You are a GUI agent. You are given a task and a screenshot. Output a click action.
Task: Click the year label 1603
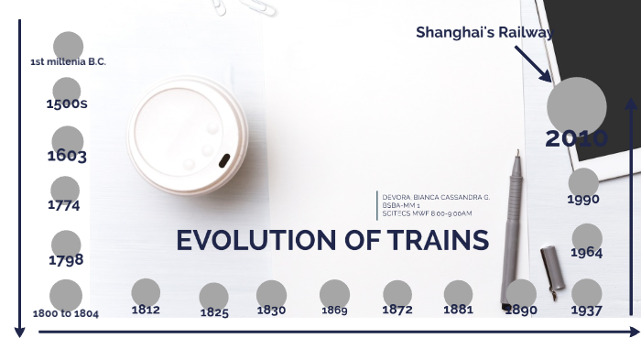click(67, 156)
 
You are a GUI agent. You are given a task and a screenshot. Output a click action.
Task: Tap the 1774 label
click(64, 205)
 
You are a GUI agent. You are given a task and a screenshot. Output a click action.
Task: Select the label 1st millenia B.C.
click(68, 62)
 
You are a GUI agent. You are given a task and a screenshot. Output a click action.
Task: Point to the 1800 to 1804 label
click(66, 313)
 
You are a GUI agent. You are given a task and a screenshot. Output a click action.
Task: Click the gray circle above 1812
click(146, 292)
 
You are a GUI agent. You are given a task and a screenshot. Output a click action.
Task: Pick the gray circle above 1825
click(213, 296)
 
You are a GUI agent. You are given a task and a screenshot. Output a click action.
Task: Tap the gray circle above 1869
click(334, 293)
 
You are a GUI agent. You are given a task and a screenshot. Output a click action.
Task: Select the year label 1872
click(397, 310)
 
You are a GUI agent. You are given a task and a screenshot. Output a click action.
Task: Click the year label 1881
click(458, 310)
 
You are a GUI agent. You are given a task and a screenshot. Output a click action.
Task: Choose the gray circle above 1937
click(586, 292)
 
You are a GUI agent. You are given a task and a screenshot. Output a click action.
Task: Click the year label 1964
click(586, 253)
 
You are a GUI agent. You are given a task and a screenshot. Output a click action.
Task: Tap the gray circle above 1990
click(583, 181)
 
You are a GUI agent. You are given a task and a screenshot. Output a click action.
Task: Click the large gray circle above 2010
click(577, 106)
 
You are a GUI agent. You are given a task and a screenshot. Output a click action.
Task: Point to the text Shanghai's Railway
click(484, 33)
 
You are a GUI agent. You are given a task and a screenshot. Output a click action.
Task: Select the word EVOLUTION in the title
click(255, 241)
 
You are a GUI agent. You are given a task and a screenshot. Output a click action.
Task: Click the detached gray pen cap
click(549, 272)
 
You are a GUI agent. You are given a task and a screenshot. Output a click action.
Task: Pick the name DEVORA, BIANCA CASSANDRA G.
click(436, 197)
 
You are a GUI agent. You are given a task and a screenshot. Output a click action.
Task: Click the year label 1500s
click(67, 104)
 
